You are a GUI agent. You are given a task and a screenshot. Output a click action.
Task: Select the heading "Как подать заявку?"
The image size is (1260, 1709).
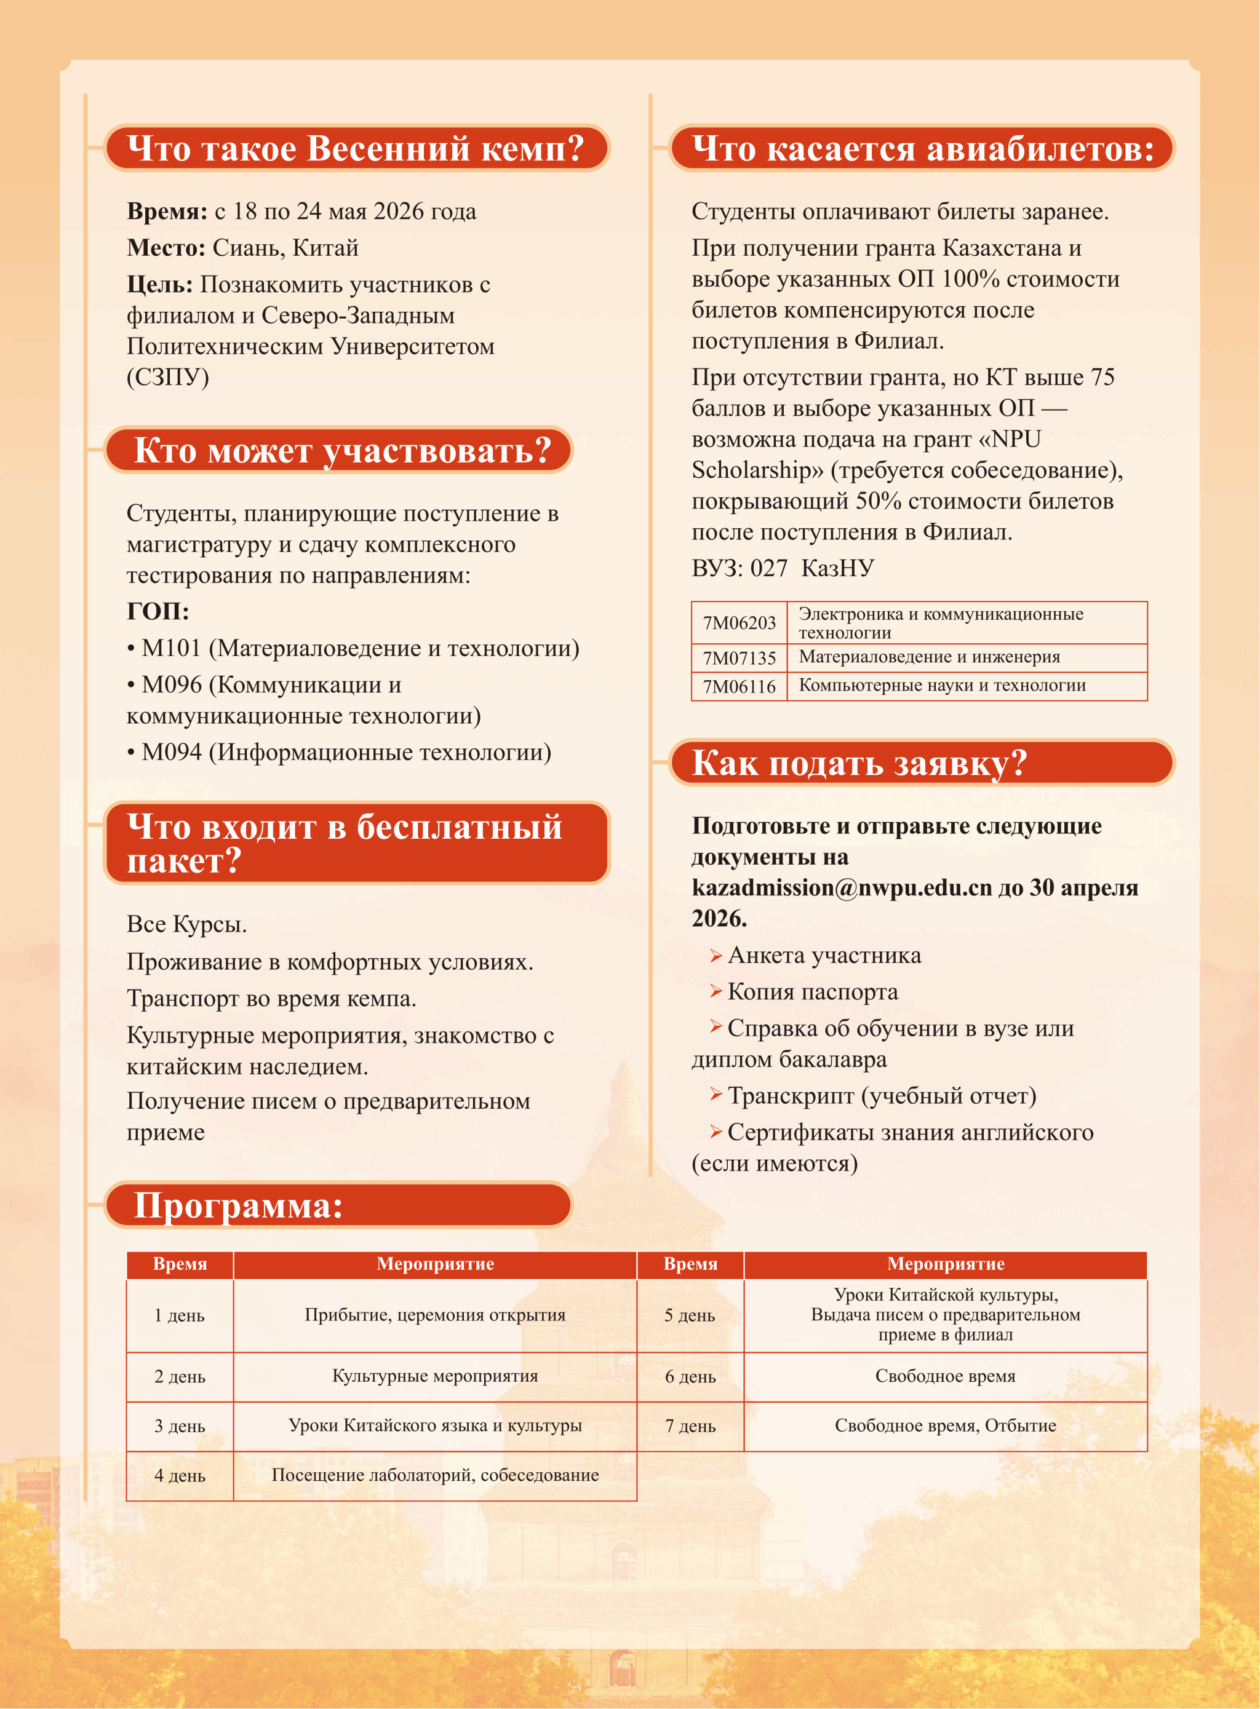click(859, 763)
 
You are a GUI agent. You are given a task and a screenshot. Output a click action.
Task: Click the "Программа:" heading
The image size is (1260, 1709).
click(238, 1205)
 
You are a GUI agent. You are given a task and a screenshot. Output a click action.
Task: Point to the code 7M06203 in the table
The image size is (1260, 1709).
click(738, 623)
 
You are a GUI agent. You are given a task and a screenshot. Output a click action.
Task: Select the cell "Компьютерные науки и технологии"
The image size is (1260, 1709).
click(942, 685)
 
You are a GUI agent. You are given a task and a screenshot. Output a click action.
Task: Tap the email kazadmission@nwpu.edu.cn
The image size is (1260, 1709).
click(841, 887)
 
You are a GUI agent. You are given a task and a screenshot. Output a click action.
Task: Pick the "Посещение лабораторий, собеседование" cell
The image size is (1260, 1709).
click(435, 1475)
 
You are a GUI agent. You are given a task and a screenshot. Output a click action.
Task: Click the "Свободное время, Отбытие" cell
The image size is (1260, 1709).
click(945, 1425)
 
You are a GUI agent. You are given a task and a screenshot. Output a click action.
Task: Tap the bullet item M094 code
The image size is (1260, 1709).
click(172, 752)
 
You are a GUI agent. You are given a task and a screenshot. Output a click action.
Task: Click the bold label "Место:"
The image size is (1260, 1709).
click(165, 248)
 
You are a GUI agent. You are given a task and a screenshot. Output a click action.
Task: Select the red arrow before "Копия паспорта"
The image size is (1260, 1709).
click(716, 991)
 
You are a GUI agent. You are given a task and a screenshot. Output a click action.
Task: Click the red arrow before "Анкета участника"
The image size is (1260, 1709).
click(716, 955)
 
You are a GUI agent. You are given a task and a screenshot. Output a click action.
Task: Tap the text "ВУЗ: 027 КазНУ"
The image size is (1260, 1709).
click(783, 568)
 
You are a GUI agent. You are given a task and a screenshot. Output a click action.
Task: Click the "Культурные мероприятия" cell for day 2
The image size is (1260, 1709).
click(435, 1376)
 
